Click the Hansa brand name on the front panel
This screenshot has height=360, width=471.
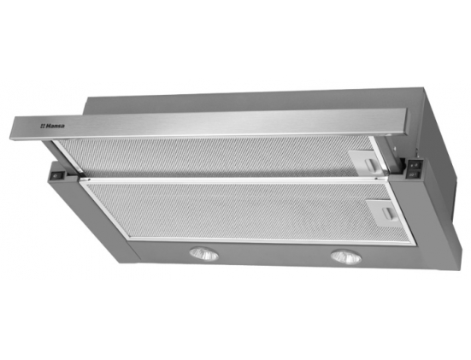coord(55,126)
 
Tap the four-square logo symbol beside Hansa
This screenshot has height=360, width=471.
coord(43,127)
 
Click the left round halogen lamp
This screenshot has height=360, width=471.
coord(204,254)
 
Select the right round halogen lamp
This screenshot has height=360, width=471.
coord(346,257)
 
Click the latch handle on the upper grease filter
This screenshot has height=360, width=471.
coord(371,164)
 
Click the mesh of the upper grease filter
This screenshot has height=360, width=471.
coord(210,157)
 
